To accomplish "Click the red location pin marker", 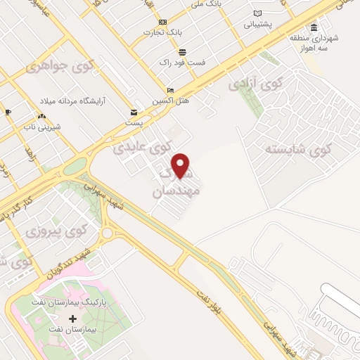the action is pyautogui.click(x=181, y=165).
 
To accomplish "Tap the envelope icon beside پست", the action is pyautogui.click(x=134, y=112).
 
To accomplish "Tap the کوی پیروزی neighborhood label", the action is pyautogui.click(x=56, y=230).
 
